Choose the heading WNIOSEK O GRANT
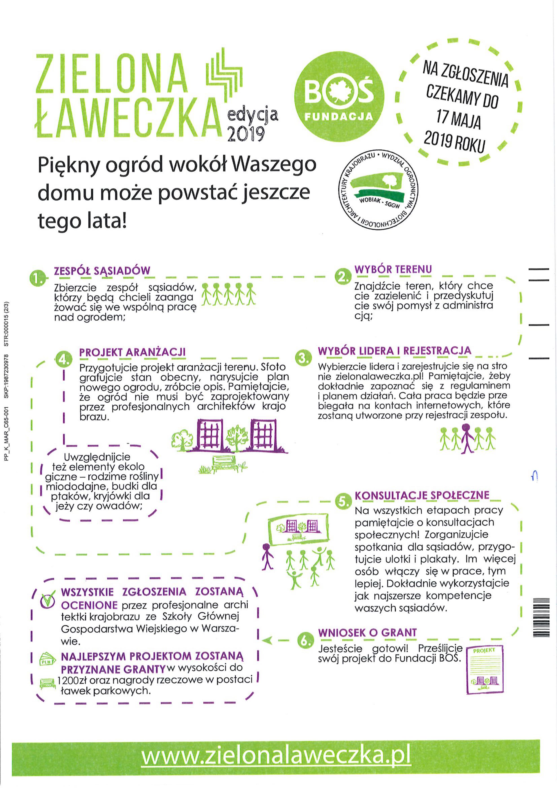(x=367, y=633)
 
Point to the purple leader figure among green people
(x=466, y=439)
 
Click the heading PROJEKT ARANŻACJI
(x=132, y=352)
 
